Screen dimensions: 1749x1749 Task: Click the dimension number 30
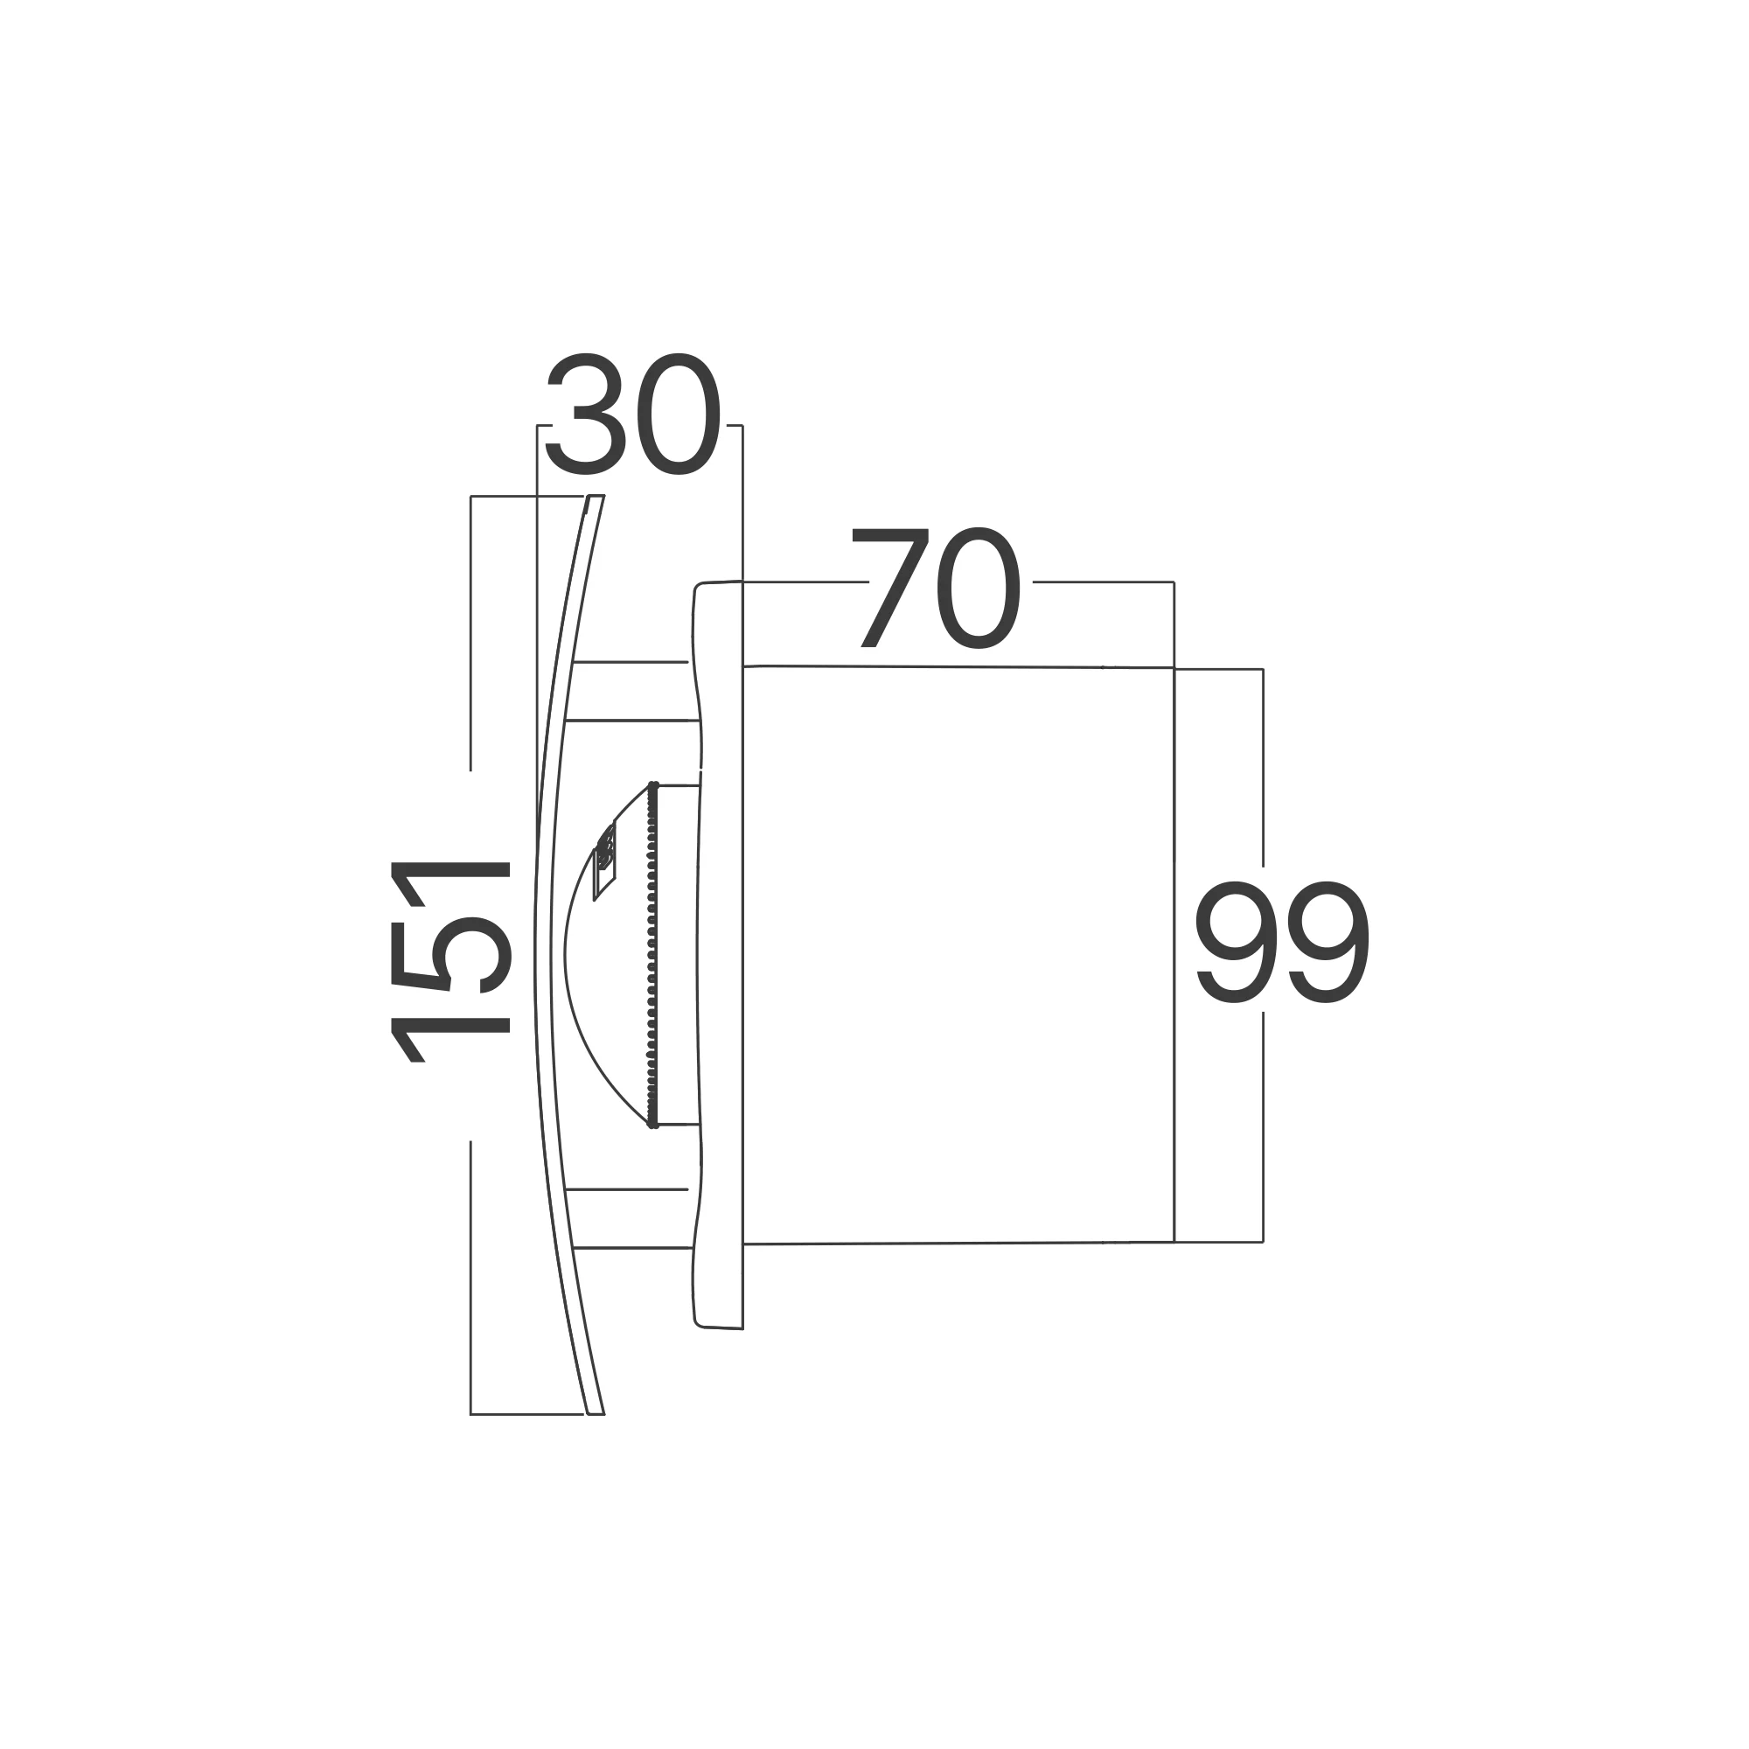(x=633, y=413)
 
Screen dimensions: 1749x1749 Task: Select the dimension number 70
(x=936, y=588)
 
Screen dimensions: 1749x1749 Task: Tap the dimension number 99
(x=1283, y=942)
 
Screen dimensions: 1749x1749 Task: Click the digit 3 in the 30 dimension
(x=586, y=413)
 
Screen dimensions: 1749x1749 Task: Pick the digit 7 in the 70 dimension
(x=891, y=588)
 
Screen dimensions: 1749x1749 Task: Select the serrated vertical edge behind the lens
(x=652, y=955)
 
